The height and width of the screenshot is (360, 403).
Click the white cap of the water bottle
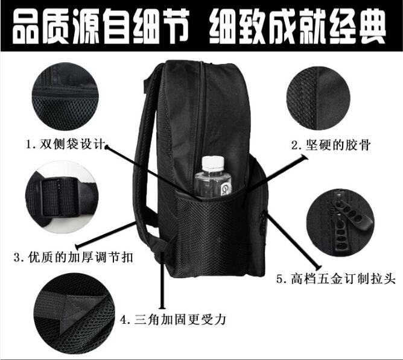213,163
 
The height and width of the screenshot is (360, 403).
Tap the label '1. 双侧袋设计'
66,144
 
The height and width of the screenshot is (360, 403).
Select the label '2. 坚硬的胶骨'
331,145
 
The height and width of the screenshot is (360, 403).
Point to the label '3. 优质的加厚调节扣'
74,257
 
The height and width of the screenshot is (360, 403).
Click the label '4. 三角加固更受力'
173,320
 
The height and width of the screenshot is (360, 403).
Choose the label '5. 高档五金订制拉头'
335,279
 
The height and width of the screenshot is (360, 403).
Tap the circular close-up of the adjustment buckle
62,197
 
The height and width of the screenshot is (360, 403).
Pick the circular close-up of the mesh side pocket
65,96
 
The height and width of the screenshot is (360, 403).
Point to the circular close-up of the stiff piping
318,98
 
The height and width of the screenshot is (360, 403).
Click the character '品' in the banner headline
24,27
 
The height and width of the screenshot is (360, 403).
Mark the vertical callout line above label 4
162,280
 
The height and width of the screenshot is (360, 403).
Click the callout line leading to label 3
106,233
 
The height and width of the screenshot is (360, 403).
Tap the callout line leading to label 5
293,239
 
